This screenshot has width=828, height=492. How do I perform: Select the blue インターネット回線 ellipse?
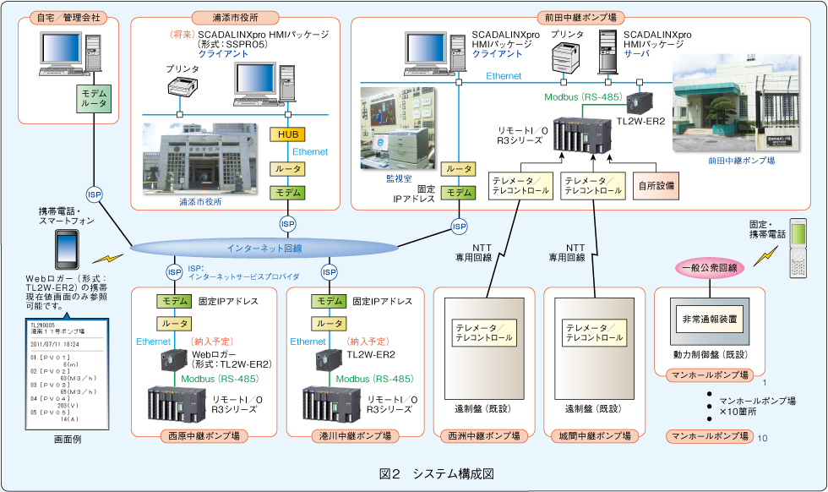(264, 248)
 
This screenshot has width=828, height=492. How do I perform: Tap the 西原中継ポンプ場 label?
(204, 436)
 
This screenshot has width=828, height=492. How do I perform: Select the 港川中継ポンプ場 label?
(355, 436)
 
